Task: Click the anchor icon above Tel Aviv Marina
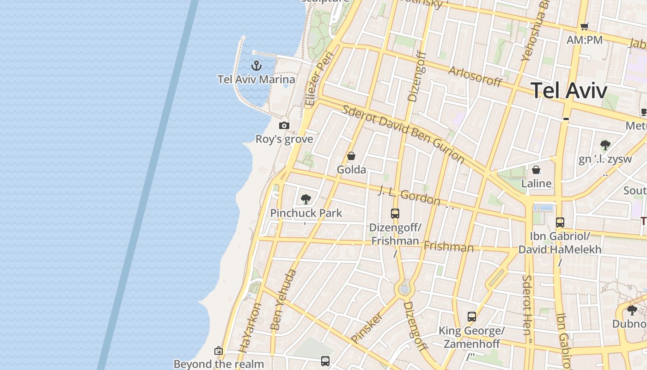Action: tap(256, 66)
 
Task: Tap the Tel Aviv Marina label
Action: tap(256, 80)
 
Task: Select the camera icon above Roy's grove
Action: tap(284, 125)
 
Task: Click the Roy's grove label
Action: tap(284, 139)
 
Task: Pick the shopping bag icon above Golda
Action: tap(351, 156)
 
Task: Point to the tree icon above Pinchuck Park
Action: tap(305, 199)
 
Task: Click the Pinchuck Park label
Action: tap(306, 213)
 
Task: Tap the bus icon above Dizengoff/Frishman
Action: tap(395, 214)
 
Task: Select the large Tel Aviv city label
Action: tap(569, 90)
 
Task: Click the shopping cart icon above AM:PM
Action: tap(585, 26)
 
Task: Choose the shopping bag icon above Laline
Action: tap(536, 170)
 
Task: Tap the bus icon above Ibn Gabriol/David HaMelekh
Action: tap(560, 222)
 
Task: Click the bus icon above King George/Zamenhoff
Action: tap(472, 317)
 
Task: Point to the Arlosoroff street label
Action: tap(475, 77)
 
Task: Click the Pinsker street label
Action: tap(367, 327)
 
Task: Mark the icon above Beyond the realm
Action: tap(219, 351)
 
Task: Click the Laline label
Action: tap(536, 184)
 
